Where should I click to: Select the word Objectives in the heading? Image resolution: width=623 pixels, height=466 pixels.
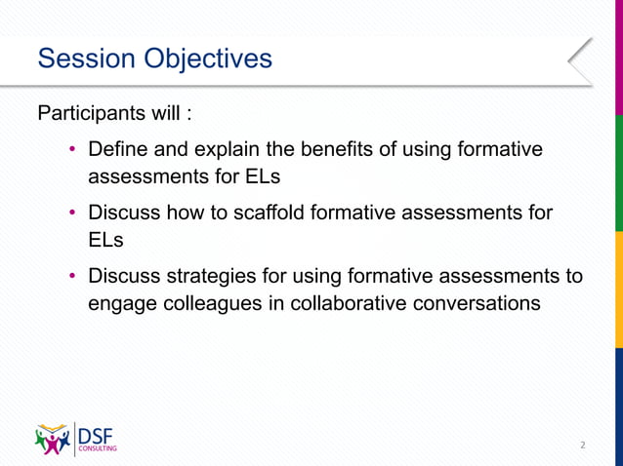point(208,59)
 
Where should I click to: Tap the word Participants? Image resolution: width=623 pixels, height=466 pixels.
point(91,113)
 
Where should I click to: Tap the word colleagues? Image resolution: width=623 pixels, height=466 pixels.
point(208,303)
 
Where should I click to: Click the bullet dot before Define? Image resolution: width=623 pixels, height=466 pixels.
point(71,151)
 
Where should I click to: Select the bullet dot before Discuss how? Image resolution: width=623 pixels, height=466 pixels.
point(71,213)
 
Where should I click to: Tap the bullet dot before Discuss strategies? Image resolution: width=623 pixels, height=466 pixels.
point(71,276)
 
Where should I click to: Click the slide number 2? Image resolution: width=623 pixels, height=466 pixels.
point(582,445)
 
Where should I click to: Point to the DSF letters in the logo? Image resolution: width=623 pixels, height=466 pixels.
point(97,434)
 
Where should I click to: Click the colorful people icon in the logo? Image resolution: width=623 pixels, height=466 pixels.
point(53,439)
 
